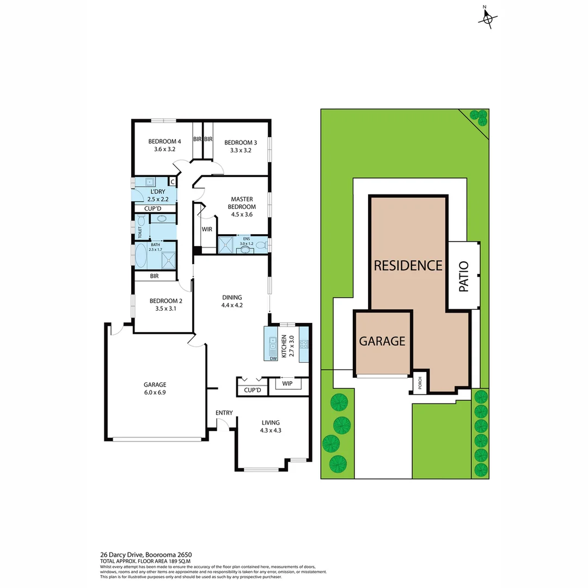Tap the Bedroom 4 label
(164, 142)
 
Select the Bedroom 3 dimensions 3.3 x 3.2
(240, 151)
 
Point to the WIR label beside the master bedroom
(207, 229)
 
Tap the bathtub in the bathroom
(141, 255)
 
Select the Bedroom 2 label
(166, 301)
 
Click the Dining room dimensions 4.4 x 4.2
(232, 305)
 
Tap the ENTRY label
(224, 413)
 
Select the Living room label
(271, 422)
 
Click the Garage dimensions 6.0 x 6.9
(156, 392)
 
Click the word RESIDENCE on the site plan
(408, 266)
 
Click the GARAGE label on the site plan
(382, 341)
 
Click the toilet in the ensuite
(260, 246)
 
